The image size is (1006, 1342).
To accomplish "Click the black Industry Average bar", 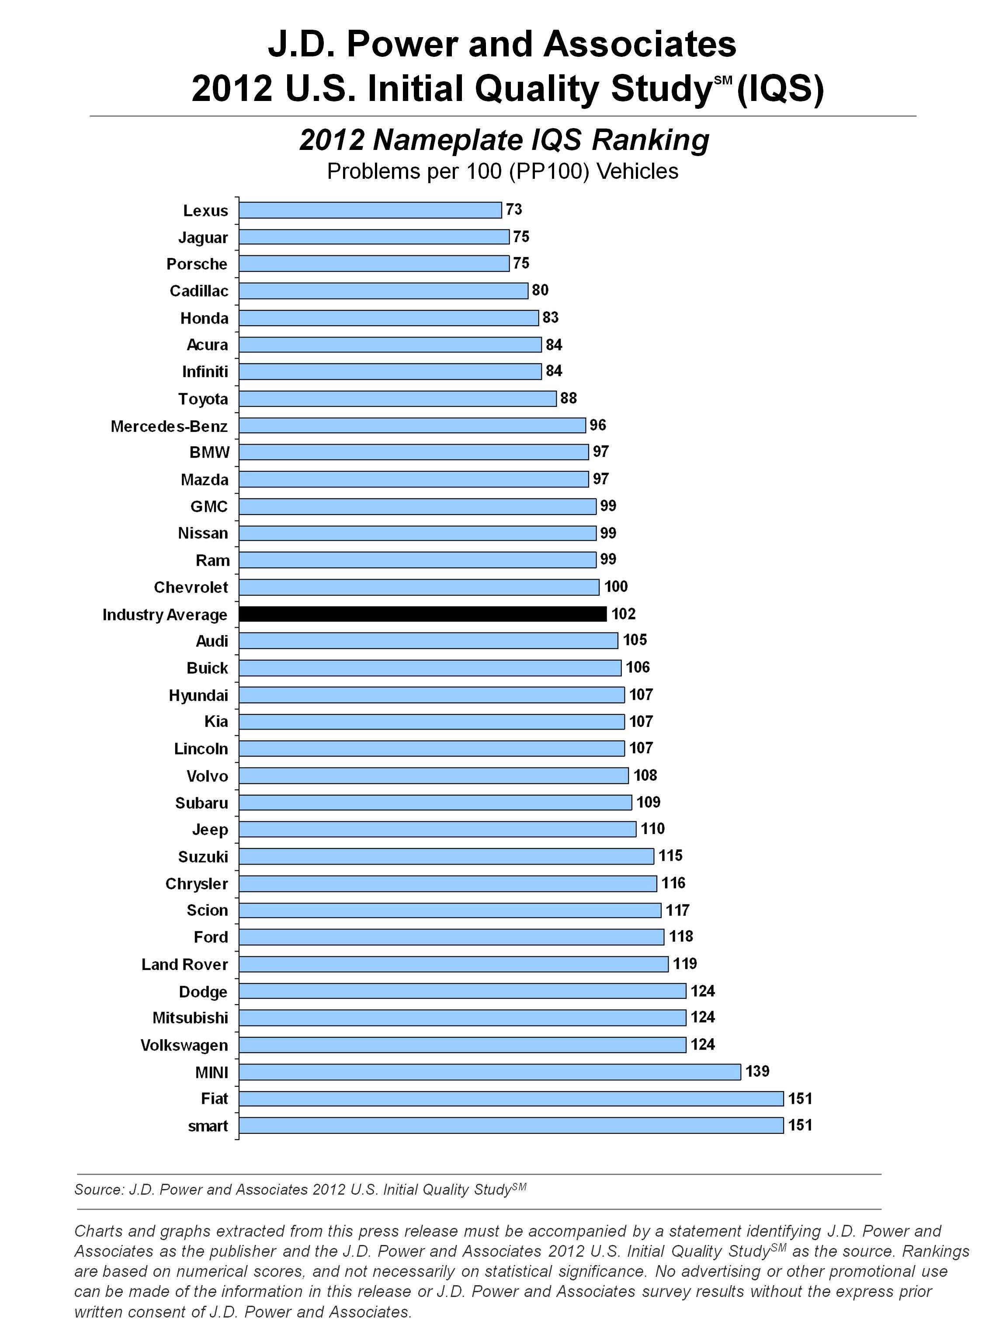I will click(x=423, y=614).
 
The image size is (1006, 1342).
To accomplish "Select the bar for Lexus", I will click(x=370, y=210).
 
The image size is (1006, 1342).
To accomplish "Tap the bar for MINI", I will click(x=489, y=1072).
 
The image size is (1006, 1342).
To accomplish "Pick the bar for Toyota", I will click(x=397, y=399).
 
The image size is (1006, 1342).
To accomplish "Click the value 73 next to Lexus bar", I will click(x=513, y=209).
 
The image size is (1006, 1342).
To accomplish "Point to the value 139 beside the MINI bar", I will click(x=757, y=1071).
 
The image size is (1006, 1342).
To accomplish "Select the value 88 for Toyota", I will click(x=568, y=398).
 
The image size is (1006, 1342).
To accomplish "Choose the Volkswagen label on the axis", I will click(x=184, y=1045).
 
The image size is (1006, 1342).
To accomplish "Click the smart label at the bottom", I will click(x=208, y=1126).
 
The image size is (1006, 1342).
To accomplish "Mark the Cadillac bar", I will click(x=383, y=291).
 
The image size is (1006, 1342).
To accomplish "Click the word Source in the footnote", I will click(x=97, y=1189).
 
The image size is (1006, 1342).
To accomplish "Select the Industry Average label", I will click(x=165, y=615).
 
